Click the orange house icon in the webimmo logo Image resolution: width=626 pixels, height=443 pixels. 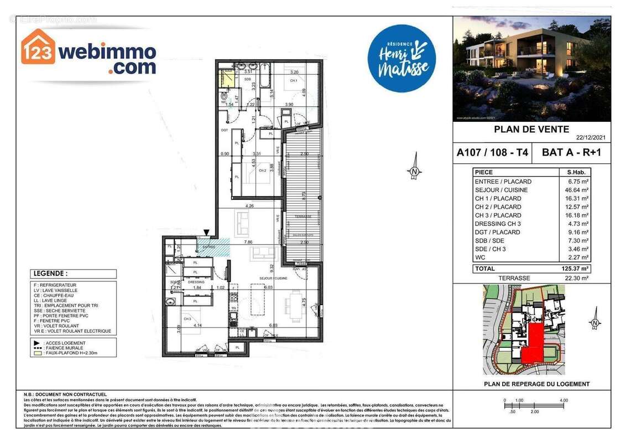coord(38,47)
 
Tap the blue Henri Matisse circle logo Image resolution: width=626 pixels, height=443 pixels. coord(401,58)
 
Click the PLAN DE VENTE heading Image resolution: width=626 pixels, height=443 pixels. coord(531,130)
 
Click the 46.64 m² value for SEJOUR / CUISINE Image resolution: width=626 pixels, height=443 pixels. coord(578,190)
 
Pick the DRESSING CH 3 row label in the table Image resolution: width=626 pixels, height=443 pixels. coord(498,224)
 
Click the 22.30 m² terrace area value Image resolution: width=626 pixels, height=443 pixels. coord(577,278)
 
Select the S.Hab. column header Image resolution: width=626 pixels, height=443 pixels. coord(576,172)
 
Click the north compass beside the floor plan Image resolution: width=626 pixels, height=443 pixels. coord(414,172)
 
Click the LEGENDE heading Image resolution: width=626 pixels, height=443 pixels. coord(51,274)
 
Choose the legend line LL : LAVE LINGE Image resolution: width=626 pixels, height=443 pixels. coord(56,301)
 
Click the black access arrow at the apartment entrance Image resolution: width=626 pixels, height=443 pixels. coord(207,233)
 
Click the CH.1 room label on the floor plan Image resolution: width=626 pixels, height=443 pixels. coord(293,81)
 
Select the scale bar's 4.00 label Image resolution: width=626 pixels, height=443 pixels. coord(564,400)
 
